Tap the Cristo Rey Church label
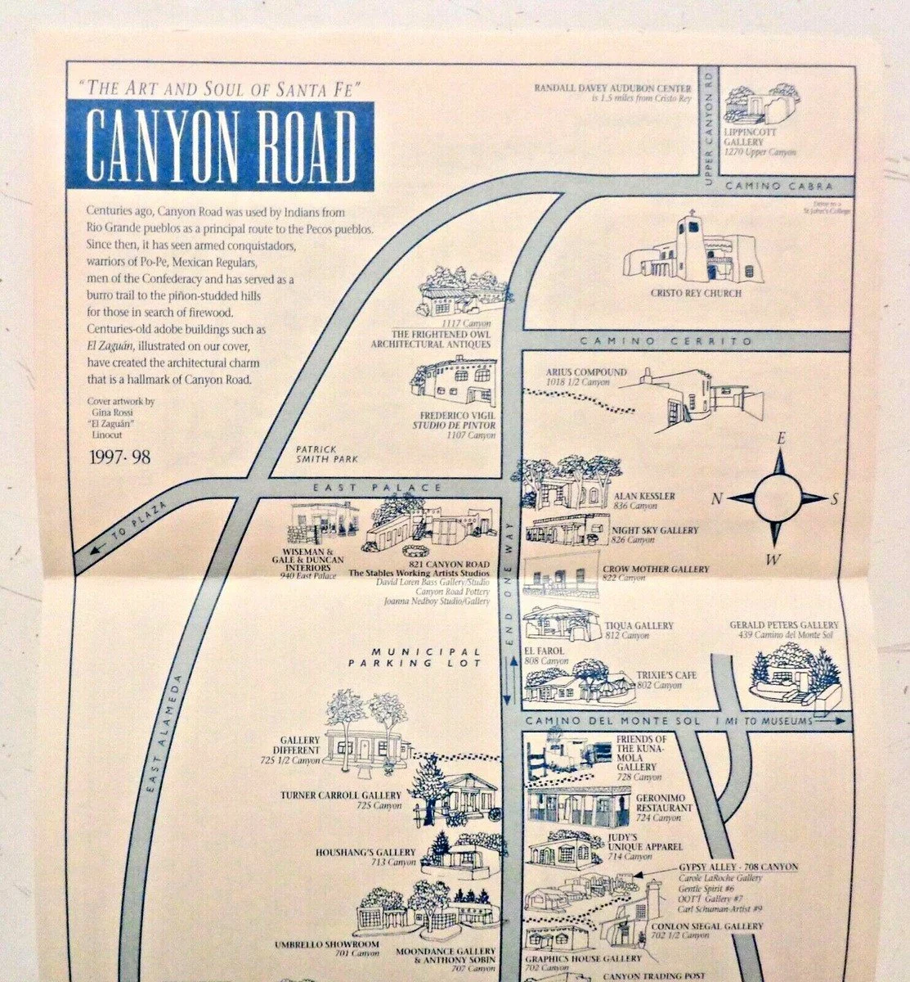684,293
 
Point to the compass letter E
781,439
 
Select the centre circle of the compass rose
778,498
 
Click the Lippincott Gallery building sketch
761,105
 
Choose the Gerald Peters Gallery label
784,631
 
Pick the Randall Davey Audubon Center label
612,88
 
